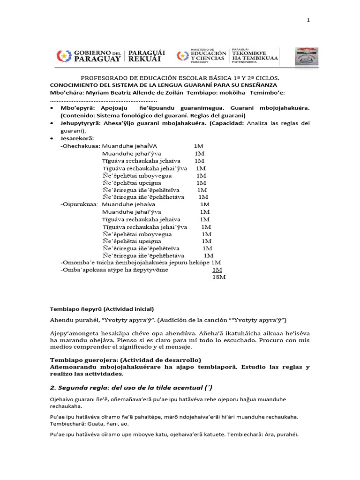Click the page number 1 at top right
[x=308, y=20]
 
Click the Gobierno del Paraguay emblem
[x=62, y=56]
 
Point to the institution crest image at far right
[x=307, y=56]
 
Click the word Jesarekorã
[x=77, y=138]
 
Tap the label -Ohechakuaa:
[x=80, y=146]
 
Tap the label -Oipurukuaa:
[x=80, y=204]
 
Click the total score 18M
[x=219, y=277]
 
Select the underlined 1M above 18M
[x=217, y=270]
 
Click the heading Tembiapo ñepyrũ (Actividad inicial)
[x=102, y=309]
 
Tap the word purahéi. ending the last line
[x=285, y=434]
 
